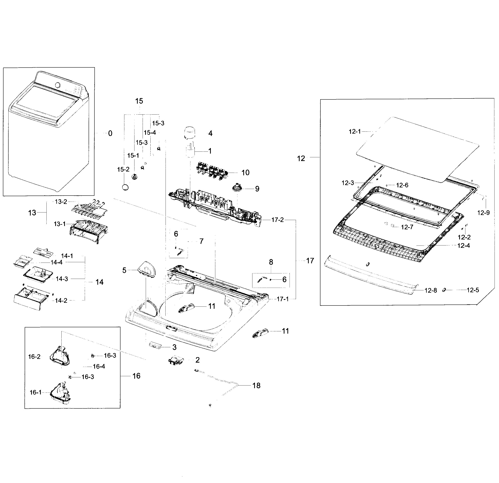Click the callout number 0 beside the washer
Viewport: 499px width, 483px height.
point(110,133)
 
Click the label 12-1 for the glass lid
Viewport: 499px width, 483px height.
point(355,131)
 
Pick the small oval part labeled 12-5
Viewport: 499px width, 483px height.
point(444,290)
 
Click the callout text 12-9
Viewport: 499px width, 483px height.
point(483,213)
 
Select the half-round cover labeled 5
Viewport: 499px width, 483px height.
point(147,270)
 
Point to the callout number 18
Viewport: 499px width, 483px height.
point(256,386)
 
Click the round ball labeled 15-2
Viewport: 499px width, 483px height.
point(125,187)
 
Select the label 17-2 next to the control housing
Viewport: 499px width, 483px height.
point(277,220)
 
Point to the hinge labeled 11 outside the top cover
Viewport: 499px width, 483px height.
point(260,333)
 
